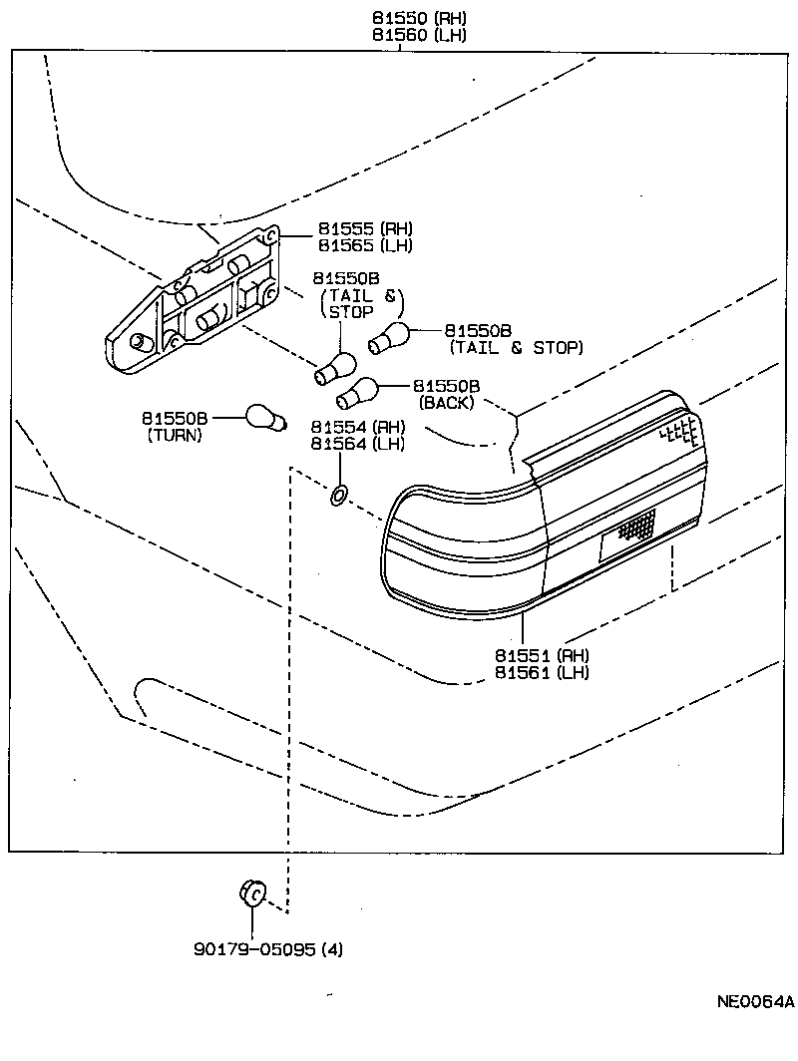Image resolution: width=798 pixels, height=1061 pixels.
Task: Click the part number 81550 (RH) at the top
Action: click(418, 18)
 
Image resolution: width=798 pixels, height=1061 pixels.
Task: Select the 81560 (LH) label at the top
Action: click(418, 35)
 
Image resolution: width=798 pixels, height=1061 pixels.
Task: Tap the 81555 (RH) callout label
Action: click(365, 228)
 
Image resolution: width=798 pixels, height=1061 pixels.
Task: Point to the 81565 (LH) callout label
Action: click(365, 245)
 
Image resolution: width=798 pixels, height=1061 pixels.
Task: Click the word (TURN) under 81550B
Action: click(175, 436)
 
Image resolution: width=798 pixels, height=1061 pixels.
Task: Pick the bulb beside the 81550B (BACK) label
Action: click(356, 393)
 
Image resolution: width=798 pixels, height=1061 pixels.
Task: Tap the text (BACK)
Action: click(446, 403)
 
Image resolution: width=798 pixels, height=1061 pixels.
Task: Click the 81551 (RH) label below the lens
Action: click(542, 655)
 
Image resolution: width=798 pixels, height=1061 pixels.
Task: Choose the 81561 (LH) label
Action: click(542, 672)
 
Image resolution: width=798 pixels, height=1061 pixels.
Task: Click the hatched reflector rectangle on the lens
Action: click(636, 526)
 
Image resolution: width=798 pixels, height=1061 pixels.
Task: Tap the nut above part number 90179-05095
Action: click(251, 892)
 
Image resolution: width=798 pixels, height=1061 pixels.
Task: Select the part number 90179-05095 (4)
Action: click(267, 949)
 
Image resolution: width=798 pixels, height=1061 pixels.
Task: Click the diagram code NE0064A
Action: click(754, 1001)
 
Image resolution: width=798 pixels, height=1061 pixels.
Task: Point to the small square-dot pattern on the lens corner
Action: click(680, 430)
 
